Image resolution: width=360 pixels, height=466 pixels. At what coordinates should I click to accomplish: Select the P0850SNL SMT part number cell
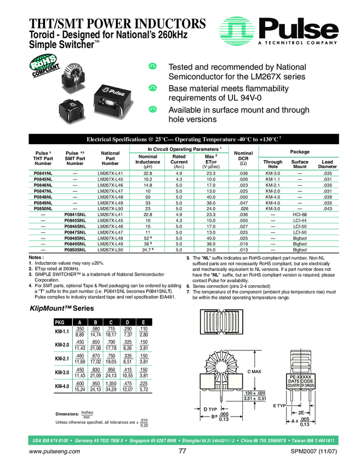click(x=75, y=249)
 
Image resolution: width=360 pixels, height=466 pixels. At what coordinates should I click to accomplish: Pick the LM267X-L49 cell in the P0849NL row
click(x=110, y=202)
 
